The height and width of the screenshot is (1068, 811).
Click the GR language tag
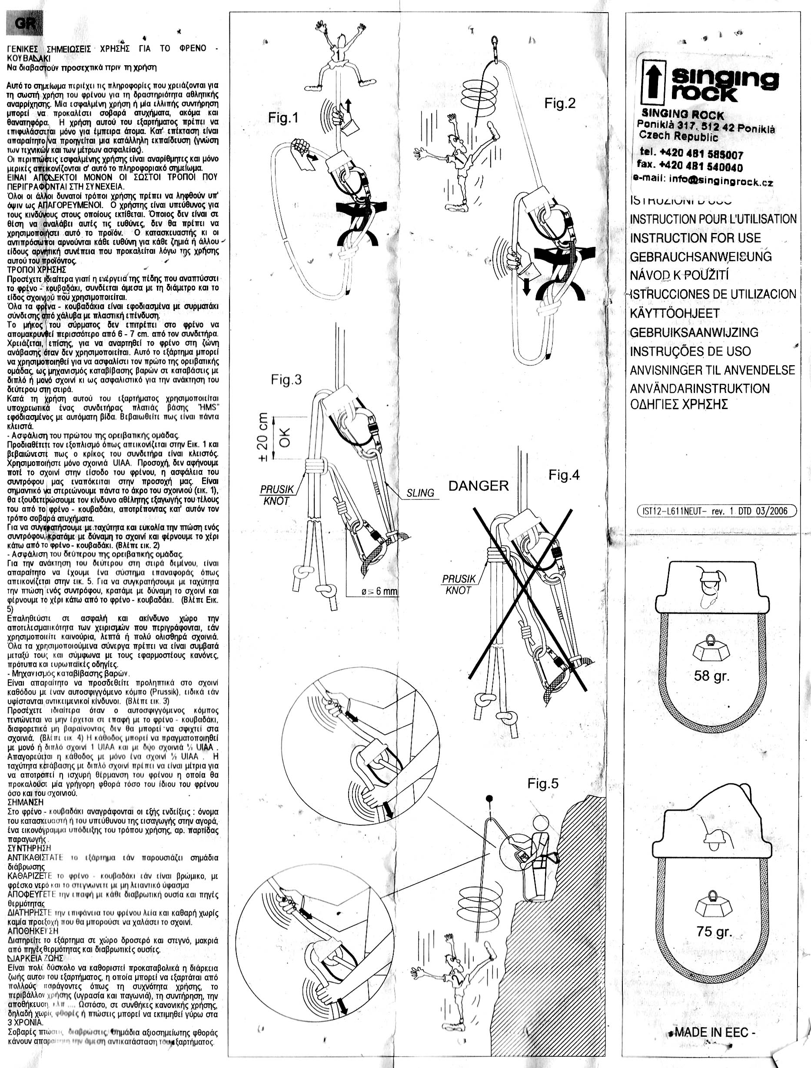click(24, 23)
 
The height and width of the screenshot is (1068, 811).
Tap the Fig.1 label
click(283, 118)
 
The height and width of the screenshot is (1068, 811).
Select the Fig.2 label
click(560, 103)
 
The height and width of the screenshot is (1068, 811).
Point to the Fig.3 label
click(286, 380)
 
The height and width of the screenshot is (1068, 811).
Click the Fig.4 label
click(564, 476)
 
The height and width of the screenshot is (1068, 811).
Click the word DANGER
click(479, 486)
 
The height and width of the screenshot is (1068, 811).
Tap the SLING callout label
click(420, 493)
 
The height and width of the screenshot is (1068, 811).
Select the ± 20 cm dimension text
click(263, 437)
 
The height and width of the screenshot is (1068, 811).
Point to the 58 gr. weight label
click(711, 676)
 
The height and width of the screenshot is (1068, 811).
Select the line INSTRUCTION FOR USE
click(695, 238)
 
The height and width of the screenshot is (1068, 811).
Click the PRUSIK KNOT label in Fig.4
click(459, 584)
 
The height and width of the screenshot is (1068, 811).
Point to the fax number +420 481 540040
click(690, 166)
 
